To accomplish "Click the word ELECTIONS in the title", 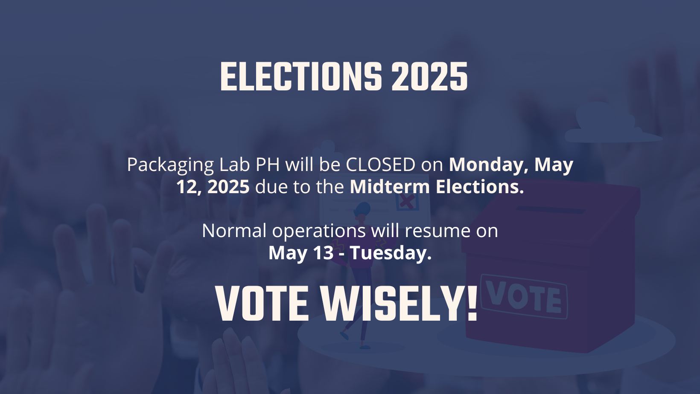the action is click(301, 76).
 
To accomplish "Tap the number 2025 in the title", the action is click(429, 76).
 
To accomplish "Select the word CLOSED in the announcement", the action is click(380, 165).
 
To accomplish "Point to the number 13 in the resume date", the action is click(323, 253).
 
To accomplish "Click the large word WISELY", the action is click(400, 304).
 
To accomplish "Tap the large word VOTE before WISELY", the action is click(262, 304).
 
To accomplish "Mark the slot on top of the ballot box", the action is click(550, 210).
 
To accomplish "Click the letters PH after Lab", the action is click(268, 165).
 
